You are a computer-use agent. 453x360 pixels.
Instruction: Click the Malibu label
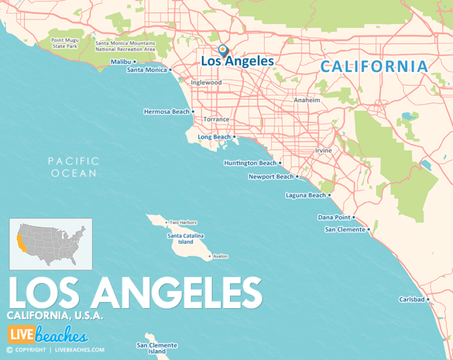121,61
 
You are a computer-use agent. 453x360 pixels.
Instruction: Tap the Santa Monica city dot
170,70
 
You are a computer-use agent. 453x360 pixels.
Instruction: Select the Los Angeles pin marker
223,51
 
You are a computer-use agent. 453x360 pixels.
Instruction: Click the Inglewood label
206,83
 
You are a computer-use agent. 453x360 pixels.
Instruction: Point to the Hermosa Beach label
167,112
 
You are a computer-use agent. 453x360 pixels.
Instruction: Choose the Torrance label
216,119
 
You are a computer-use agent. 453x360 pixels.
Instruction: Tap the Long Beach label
214,137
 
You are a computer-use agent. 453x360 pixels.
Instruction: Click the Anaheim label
307,100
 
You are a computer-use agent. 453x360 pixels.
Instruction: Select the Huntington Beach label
250,163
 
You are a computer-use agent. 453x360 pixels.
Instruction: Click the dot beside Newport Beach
297,176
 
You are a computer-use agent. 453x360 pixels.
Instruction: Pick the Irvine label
323,150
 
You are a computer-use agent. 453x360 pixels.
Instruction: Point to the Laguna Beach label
305,195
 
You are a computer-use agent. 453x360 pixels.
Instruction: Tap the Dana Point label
334,217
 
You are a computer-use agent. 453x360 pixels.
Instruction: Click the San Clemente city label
345,230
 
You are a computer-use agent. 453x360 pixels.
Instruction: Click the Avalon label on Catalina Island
220,256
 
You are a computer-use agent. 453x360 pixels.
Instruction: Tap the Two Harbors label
183,222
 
